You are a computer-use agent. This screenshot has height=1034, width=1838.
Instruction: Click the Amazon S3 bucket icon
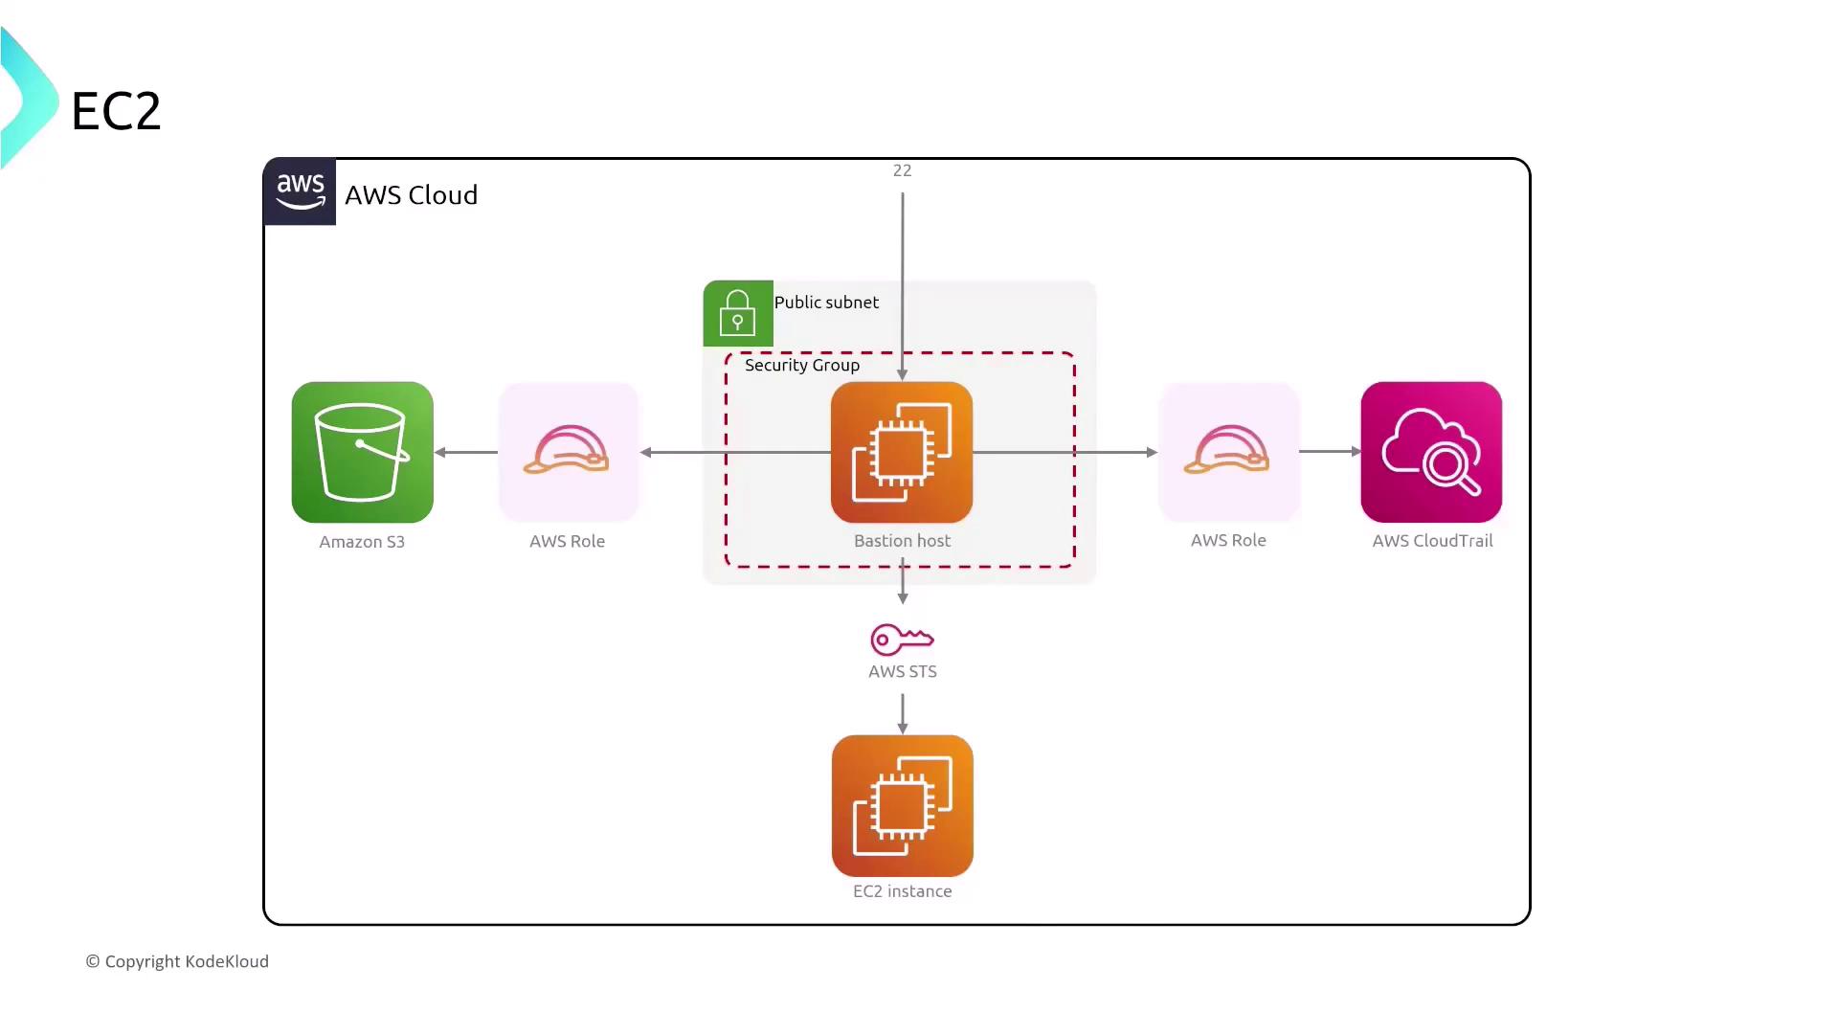pyautogui.click(x=362, y=452)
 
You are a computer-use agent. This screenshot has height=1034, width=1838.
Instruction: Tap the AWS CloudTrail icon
pyautogui.click(x=1431, y=452)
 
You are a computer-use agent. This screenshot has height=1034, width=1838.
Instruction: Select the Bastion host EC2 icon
pyautogui.click(x=902, y=452)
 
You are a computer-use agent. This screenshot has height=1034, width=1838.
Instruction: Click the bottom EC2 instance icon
pyautogui.click(x=902, y=805)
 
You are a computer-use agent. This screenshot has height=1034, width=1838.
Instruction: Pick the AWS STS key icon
pyautogui.click(x=902, y=639)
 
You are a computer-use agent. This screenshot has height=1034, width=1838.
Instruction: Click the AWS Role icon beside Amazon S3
pyautogui.click(x=568, y=451)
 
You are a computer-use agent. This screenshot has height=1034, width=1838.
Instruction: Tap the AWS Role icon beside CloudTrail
pyautogui.click(x=1228, y=451)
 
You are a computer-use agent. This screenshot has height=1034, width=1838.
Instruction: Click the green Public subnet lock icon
pyautogui.click(x=737, y=313)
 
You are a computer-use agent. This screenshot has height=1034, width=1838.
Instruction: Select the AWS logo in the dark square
pyautogui.click(x=300, y=191)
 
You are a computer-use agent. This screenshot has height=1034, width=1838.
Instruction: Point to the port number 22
pyautogui.click(x=902, y=170)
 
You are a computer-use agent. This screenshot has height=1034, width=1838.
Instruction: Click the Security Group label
pyautogui.click(x=802, y=365)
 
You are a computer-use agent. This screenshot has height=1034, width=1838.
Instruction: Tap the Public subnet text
pyautogui.click(x=826, y=303)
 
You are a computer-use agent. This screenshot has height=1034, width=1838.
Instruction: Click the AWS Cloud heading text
pyautogui.click(x=411, y=195)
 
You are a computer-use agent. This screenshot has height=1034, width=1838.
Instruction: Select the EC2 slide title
pyautogui.click(x=116, y=111)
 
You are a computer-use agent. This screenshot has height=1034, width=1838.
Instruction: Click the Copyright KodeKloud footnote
pyautogui.click(x=178, y=961)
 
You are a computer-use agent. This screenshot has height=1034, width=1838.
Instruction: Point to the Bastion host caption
pyautogui.click(x=902, y=541)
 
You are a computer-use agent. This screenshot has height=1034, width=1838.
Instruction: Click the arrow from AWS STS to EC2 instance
pyautogui.click(x=902, y=713)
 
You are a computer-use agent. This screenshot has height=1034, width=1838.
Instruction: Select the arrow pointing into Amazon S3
pyautogui.click(x=466, y=452)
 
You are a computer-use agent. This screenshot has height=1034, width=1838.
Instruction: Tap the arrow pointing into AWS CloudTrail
pyautogui.click(x=1330, y=451)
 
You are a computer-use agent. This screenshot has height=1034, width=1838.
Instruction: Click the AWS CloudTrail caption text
pyautogui.click(x=1432, y=541)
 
